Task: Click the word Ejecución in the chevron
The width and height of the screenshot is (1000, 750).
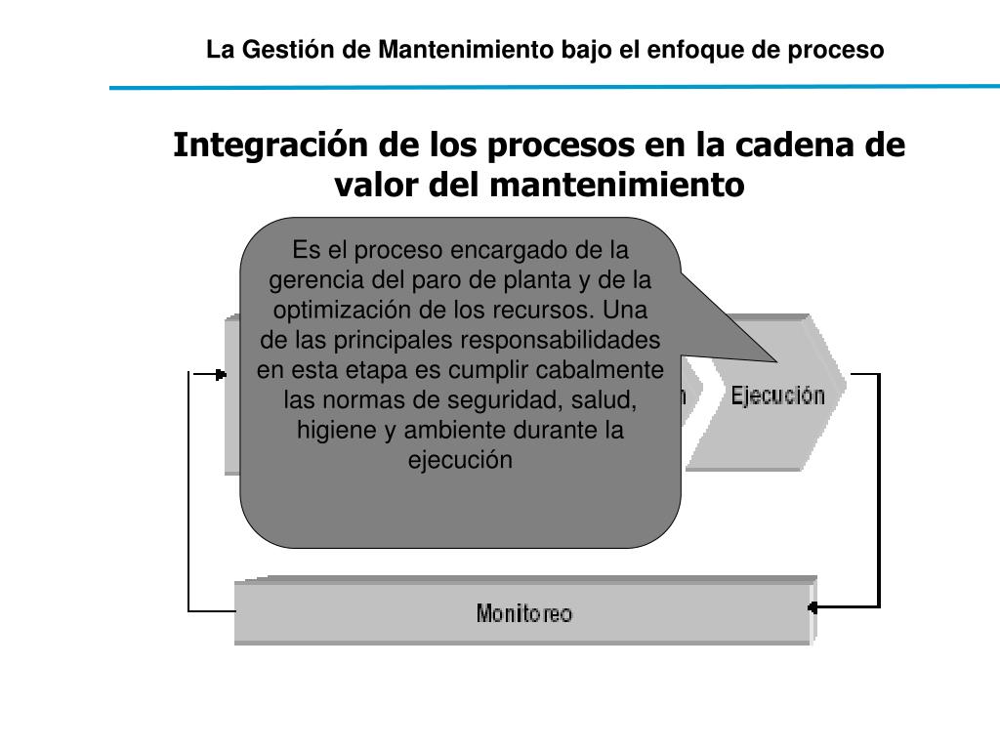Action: (x=777, y=395)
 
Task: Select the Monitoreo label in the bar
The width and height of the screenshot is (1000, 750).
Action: (x=524, y=613)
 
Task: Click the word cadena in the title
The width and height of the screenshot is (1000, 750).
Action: (x=796, y=146)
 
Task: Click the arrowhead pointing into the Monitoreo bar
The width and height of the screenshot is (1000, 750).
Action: (x=812, y=606)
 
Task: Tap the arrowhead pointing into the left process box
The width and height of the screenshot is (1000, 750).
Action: (x=222, y=374)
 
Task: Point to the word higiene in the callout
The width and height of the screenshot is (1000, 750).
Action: (x=329, y=431)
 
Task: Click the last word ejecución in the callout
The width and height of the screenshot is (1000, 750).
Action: (x=460, y=460)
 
